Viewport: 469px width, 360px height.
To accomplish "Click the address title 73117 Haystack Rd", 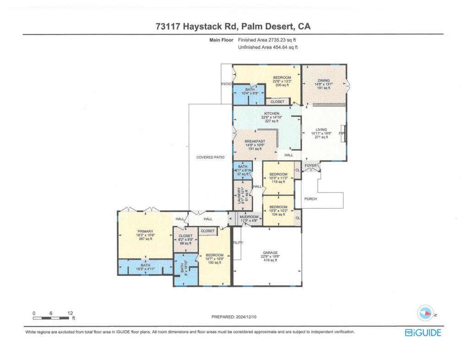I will click(233, 27).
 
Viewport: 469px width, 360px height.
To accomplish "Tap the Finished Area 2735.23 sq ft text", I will click(267, 40).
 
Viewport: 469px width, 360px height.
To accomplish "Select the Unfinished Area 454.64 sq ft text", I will click(268, 47).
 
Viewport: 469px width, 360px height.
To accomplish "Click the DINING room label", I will click(324, 81).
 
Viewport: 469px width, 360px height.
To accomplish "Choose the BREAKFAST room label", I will click(255, 142).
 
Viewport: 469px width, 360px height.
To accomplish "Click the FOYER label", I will click(311, 165).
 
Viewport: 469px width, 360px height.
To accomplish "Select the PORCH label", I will click(311, 199).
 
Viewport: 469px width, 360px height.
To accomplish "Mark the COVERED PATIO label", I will click(211, 157).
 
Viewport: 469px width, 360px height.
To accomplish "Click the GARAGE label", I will click(270, 252).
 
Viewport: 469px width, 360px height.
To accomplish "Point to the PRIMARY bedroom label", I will click(145, 232).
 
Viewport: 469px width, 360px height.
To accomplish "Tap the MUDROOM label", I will click(249, 217).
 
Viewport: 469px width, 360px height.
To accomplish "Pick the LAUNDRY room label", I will click(239, 195).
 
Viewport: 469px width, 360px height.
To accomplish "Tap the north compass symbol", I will click(425, 314).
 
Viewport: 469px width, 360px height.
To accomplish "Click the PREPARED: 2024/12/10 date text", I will click(234, 316).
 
